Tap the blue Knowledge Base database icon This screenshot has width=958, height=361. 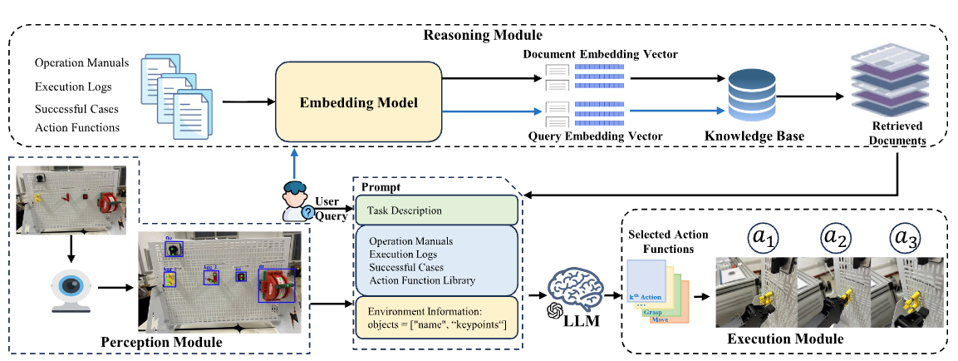(x=751, y=96)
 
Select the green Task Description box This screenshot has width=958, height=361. (x=436, y=210)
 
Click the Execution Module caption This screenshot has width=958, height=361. (x=785, y=339)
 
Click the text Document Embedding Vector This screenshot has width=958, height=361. (x=600, y=55)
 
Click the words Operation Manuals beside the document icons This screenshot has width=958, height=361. (x=81, y=63)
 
